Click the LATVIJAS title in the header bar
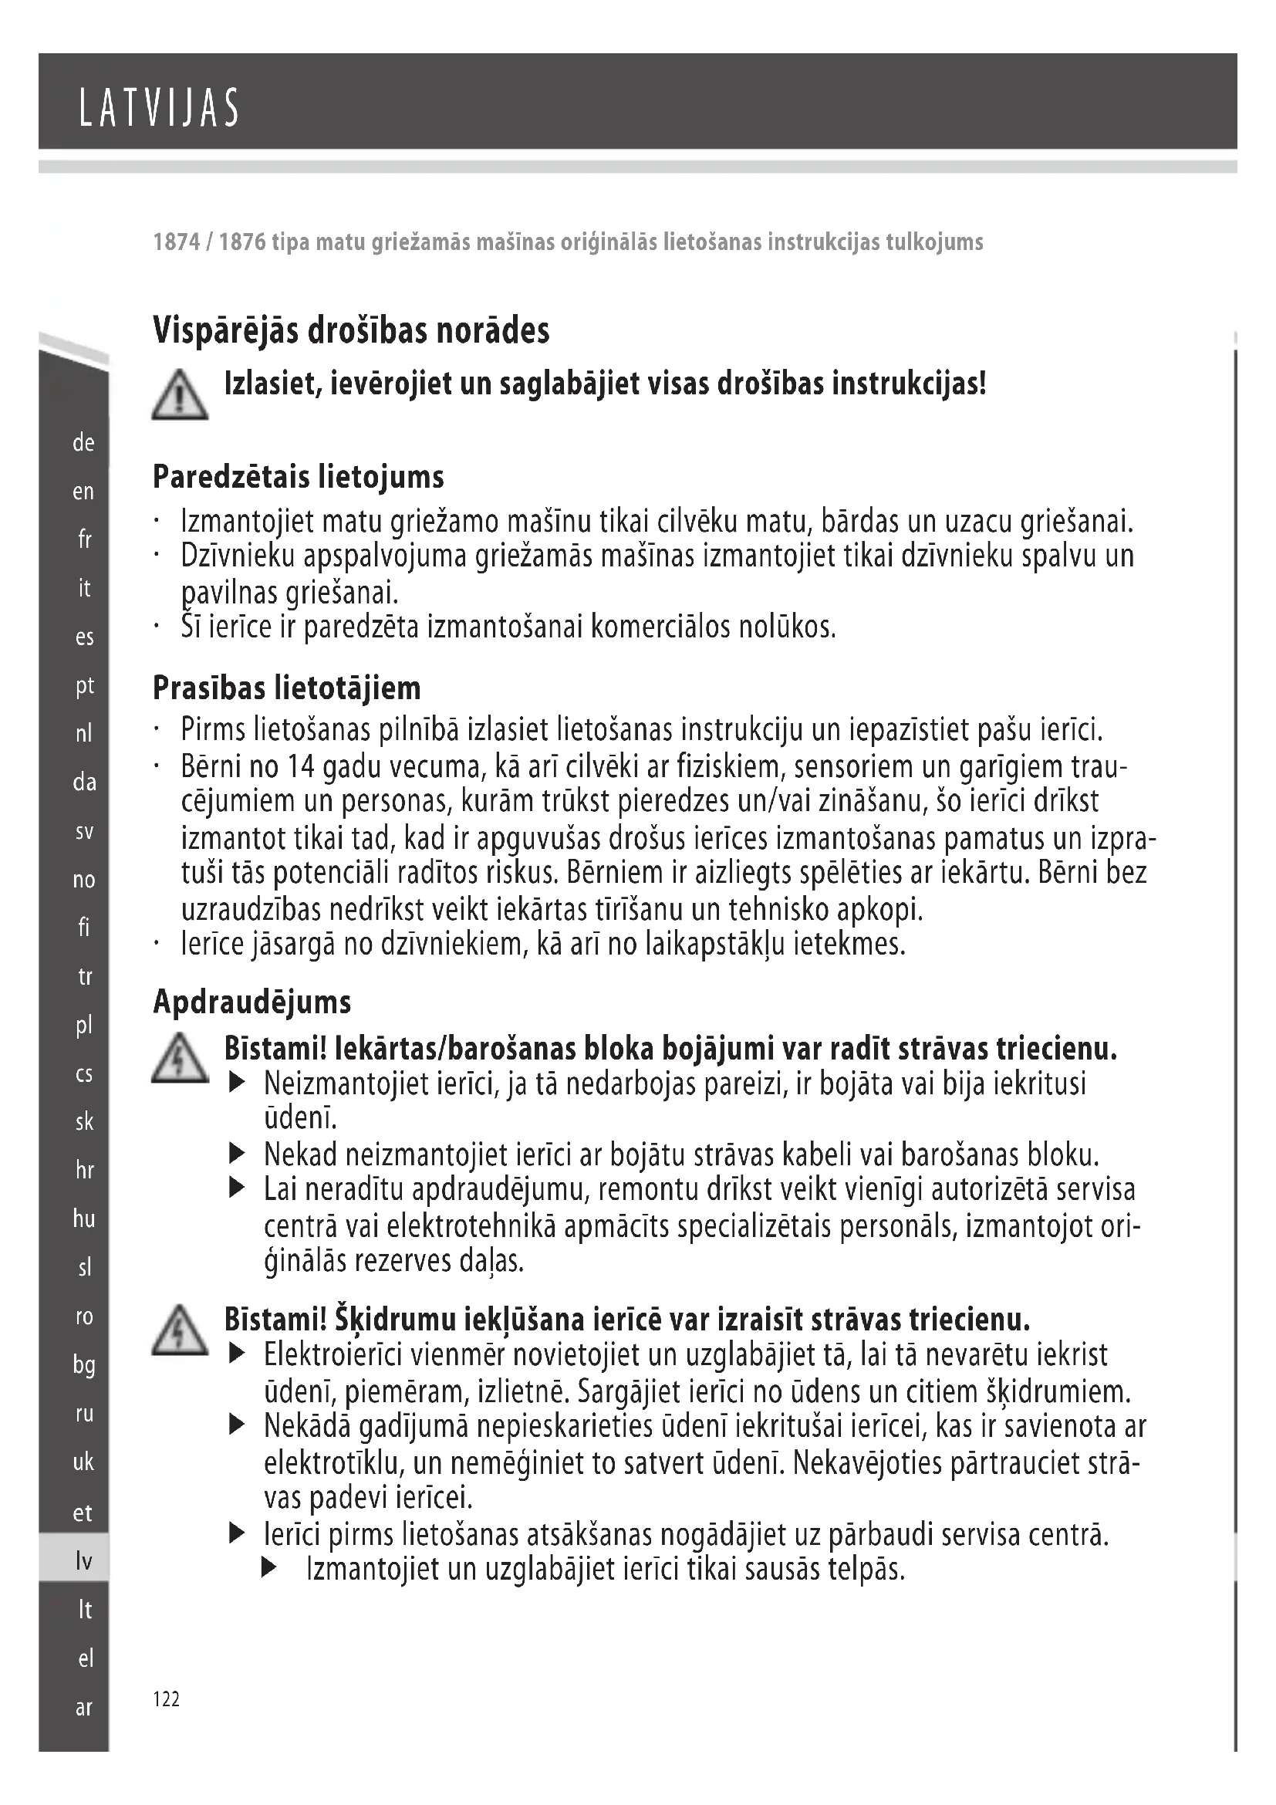click(x=159, y=109)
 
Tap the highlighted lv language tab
click(x=83, y=1560)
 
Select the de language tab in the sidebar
click(x=83, y=443)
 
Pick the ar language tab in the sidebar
click(x=83, y=1708)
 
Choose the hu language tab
click(x=83, y=1219)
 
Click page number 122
click(x=166, y=1699)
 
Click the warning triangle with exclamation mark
click(x=180, y=394)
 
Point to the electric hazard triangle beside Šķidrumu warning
click(x=180, y=1330)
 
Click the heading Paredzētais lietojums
click(x=298, y=476)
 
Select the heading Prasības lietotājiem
click(x=286, y=688)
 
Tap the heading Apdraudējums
click(x=251, y=1002)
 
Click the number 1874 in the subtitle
click(x=176, y=242)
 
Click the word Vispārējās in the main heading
click(x=224, y=330)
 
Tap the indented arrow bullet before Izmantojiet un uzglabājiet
click(x=268, y=1568)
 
